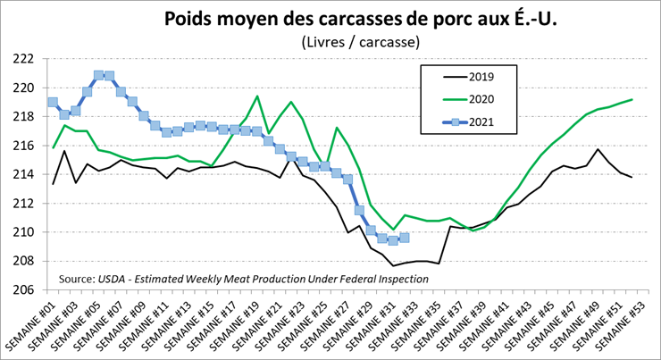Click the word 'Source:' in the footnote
[x=78, y=279]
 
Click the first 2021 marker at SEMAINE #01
[x=53, y=102]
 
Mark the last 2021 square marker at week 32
[x=405, y=238]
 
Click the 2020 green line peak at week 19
[x=257, y=96]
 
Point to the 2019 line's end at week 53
[x=632, y=178]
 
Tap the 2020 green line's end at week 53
[x=632, y=99]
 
